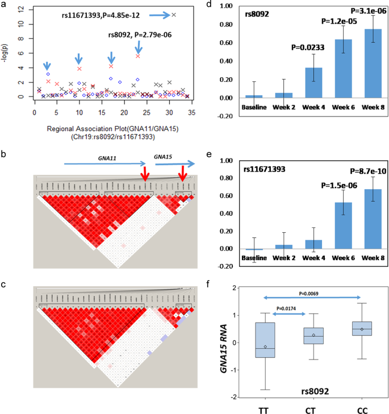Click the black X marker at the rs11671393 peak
(x=174, y=15)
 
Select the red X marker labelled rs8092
(x=138, y=56)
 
